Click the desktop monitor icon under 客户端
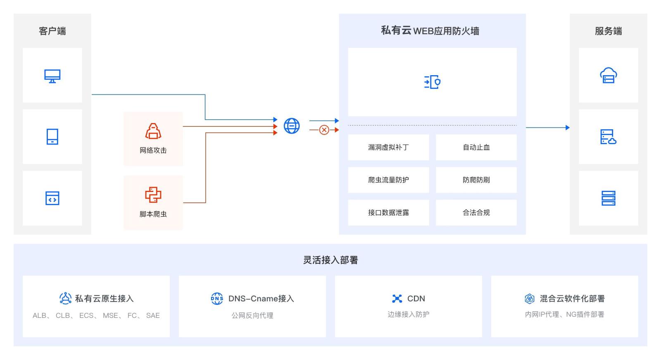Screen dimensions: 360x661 (52, 76)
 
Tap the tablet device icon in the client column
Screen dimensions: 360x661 (52, 137)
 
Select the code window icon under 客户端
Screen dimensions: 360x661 (52, 198)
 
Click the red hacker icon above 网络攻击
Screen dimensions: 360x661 (153, 131)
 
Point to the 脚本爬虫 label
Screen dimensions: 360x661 (153, 214)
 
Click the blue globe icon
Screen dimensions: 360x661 (292, 126)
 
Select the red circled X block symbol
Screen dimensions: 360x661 (324, 130)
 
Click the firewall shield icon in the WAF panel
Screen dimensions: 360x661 (432, 82)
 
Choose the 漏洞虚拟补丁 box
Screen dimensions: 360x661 (388, 147)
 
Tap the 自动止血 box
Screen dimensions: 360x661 (476, 147)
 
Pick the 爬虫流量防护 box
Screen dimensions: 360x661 (388, 180)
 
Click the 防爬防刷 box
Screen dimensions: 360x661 (476, 180)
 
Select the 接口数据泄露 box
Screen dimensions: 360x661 (388, 213)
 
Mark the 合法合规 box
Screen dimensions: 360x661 (476, 213)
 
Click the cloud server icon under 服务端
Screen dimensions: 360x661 (608, 76)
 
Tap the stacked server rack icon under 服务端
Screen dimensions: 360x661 (608, 198)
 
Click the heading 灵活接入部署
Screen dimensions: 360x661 (330, 260)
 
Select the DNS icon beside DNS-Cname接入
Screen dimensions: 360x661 (217, 298)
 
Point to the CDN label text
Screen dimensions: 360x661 (416, 298)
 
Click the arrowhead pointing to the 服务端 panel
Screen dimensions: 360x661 (568, 128)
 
